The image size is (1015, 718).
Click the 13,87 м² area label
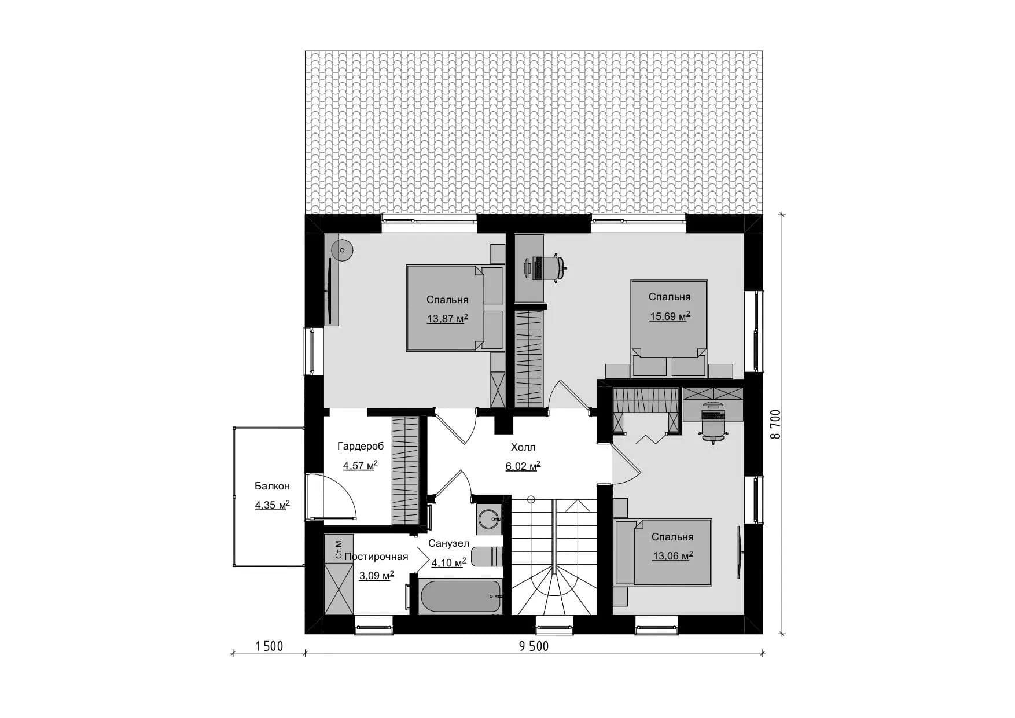pos(447,318)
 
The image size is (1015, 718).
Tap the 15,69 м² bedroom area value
pos(670,316)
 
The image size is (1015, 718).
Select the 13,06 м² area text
pos(672,556)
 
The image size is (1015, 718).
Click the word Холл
pos(523,447)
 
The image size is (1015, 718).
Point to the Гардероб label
pos(361,447)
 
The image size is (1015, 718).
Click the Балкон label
pos(272,487)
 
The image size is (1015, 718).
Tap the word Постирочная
pos(376,557)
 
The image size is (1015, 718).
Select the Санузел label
pos(448,544)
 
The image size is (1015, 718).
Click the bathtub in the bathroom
pos(461,596)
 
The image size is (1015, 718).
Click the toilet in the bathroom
pos(488,556)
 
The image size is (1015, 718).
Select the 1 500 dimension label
pos(269,647)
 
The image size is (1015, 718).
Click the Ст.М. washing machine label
pos(339,548)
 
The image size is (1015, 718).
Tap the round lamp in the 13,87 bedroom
pos(342,250)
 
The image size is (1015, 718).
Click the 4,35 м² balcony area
pos(272,505)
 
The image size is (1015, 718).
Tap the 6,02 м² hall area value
pos(523,466)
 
